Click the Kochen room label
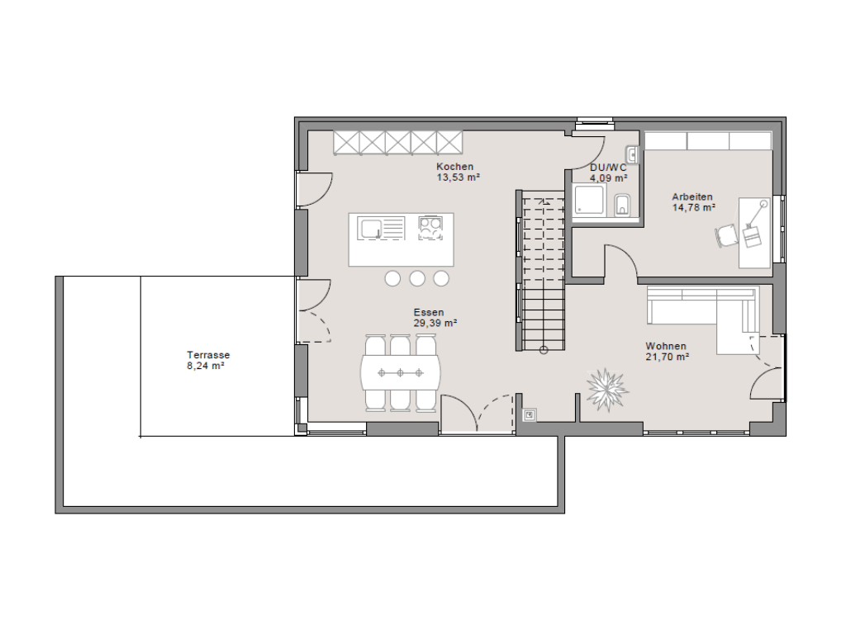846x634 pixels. click(x=455, y=167)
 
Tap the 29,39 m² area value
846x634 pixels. click(x=435, y=324)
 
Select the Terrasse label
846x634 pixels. click(x=208, y=355)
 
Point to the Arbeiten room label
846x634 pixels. click(x=692, y=196)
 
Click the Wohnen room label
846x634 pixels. click(x=666, y=346)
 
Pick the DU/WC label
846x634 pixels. click(x=608, y=168)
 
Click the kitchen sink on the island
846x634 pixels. click(x=382, y=228)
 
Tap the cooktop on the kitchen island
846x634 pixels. click(x=430, y=228)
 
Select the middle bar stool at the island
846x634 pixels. click(x=417, y=278)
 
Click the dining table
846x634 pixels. click(x=401, y=372)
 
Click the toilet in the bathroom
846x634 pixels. click(x=622, y=205)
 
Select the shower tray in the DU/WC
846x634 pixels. click(x=590, y=200)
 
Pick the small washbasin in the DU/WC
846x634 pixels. click(x=632, y=154)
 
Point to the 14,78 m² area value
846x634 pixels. click(x=694, y=207)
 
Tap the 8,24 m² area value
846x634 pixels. click(x=206, y=366)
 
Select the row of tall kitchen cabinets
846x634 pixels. click(x=398, y=142)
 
